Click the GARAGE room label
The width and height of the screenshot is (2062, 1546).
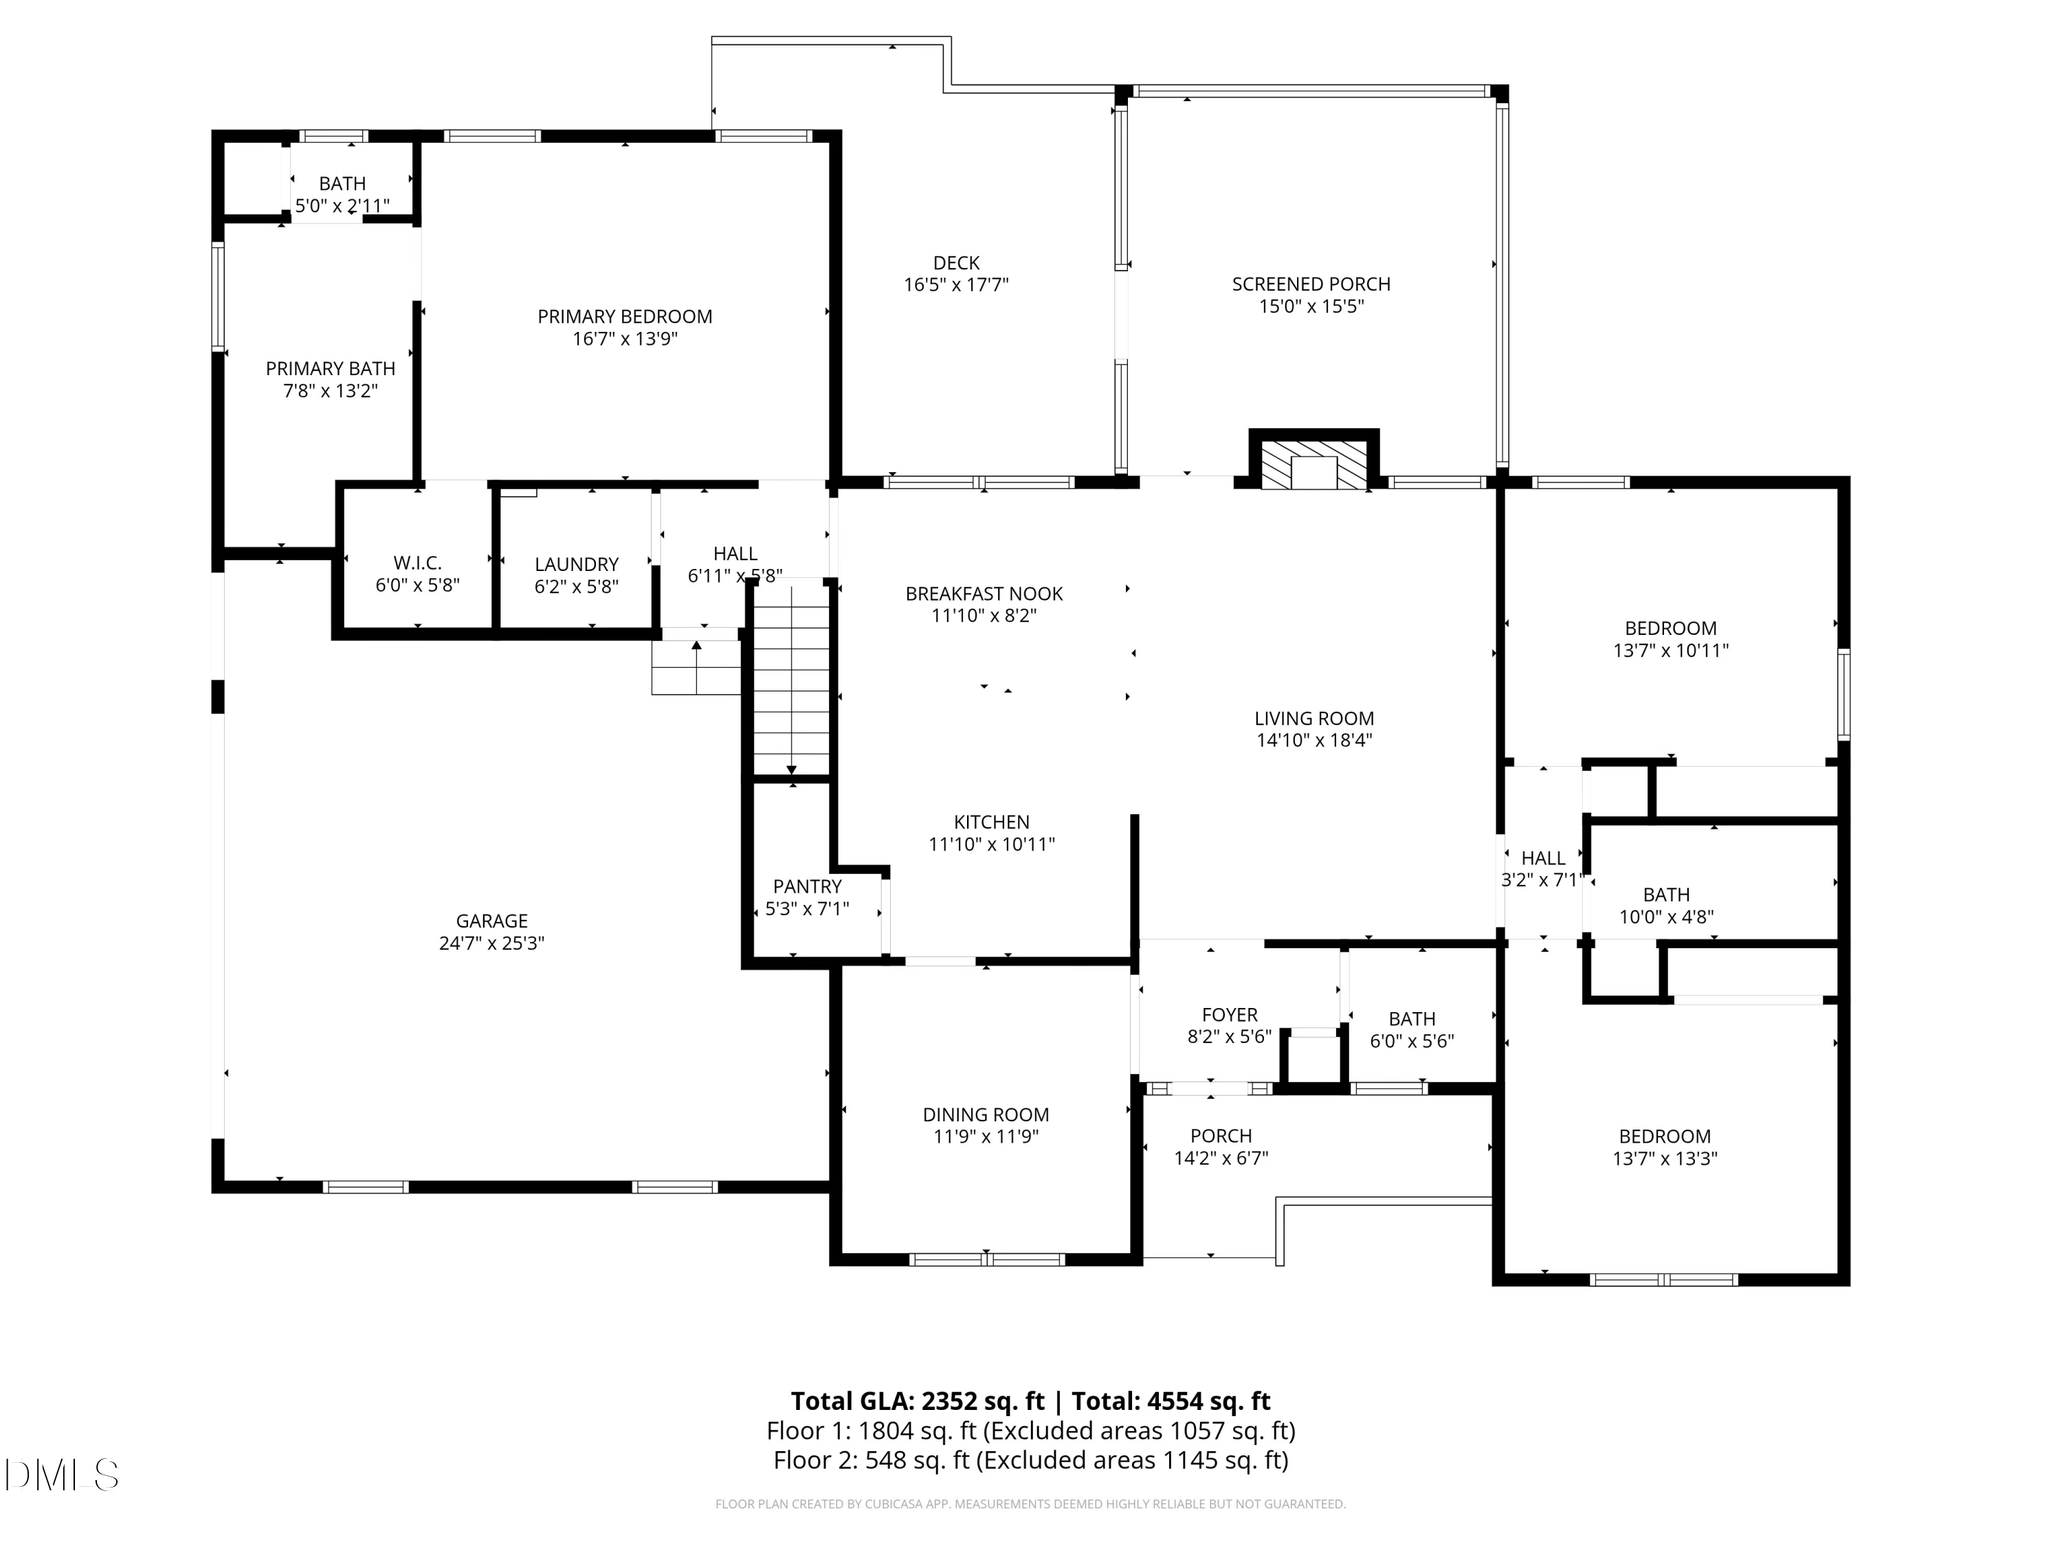point(491,921)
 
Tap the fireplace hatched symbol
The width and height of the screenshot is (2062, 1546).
point(1313,464)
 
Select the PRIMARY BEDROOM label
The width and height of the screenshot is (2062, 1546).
point(625,317)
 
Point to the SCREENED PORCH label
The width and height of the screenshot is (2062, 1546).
point(1311,284)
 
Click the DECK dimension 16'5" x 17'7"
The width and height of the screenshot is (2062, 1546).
point(957,285)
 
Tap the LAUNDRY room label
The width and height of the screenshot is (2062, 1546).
point(576,565)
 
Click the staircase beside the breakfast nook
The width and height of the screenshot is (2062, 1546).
point(791,677)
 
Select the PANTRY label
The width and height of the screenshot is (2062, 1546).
point(808,887)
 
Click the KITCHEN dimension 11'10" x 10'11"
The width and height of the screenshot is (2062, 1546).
point(992,845)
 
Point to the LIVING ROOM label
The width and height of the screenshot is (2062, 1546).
point(1313,719)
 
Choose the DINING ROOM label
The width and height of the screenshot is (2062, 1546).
point(986,1114)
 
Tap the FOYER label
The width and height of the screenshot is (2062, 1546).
point(1230,1015)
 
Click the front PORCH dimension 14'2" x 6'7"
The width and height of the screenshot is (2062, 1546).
point(1221,1158)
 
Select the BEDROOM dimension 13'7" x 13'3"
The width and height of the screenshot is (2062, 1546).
point(1665,1159)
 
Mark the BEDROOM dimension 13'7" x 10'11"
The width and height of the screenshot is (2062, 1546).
point(1670,651)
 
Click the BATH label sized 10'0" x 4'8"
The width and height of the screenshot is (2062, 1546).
point(1666,895)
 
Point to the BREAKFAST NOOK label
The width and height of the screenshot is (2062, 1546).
point(984,594)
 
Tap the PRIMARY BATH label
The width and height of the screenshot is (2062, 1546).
point(330,369)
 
